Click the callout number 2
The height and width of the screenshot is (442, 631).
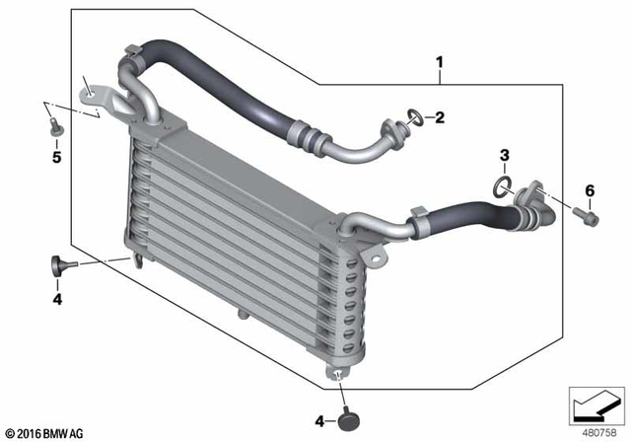(441, 118)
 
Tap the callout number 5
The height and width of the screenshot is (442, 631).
(56, 156)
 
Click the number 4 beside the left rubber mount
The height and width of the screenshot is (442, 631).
(56, 299)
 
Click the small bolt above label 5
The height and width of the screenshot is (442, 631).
(54, 124)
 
